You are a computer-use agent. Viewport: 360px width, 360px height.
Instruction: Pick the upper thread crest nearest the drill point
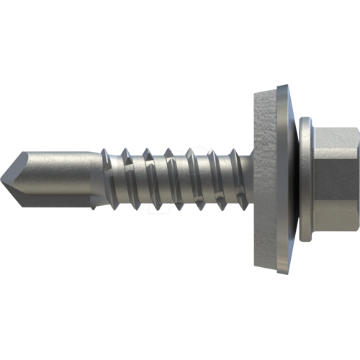tap(107, 153)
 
